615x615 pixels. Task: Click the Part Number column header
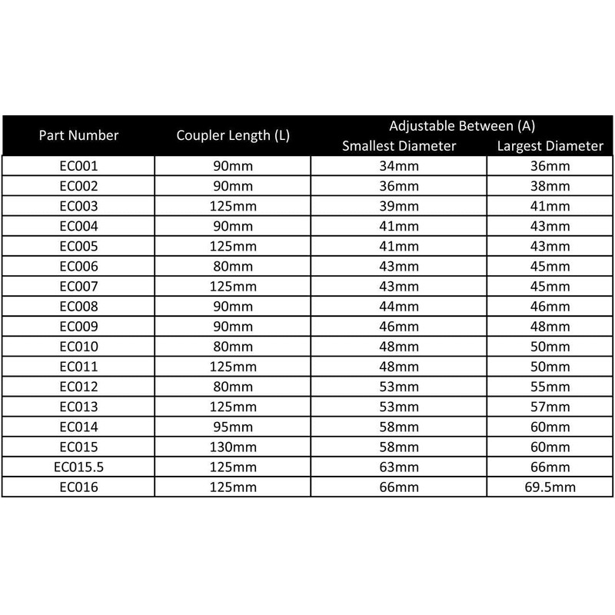tap(80, 135)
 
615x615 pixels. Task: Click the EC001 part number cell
tap(79, 166)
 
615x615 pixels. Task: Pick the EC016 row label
tap(79, 487)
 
